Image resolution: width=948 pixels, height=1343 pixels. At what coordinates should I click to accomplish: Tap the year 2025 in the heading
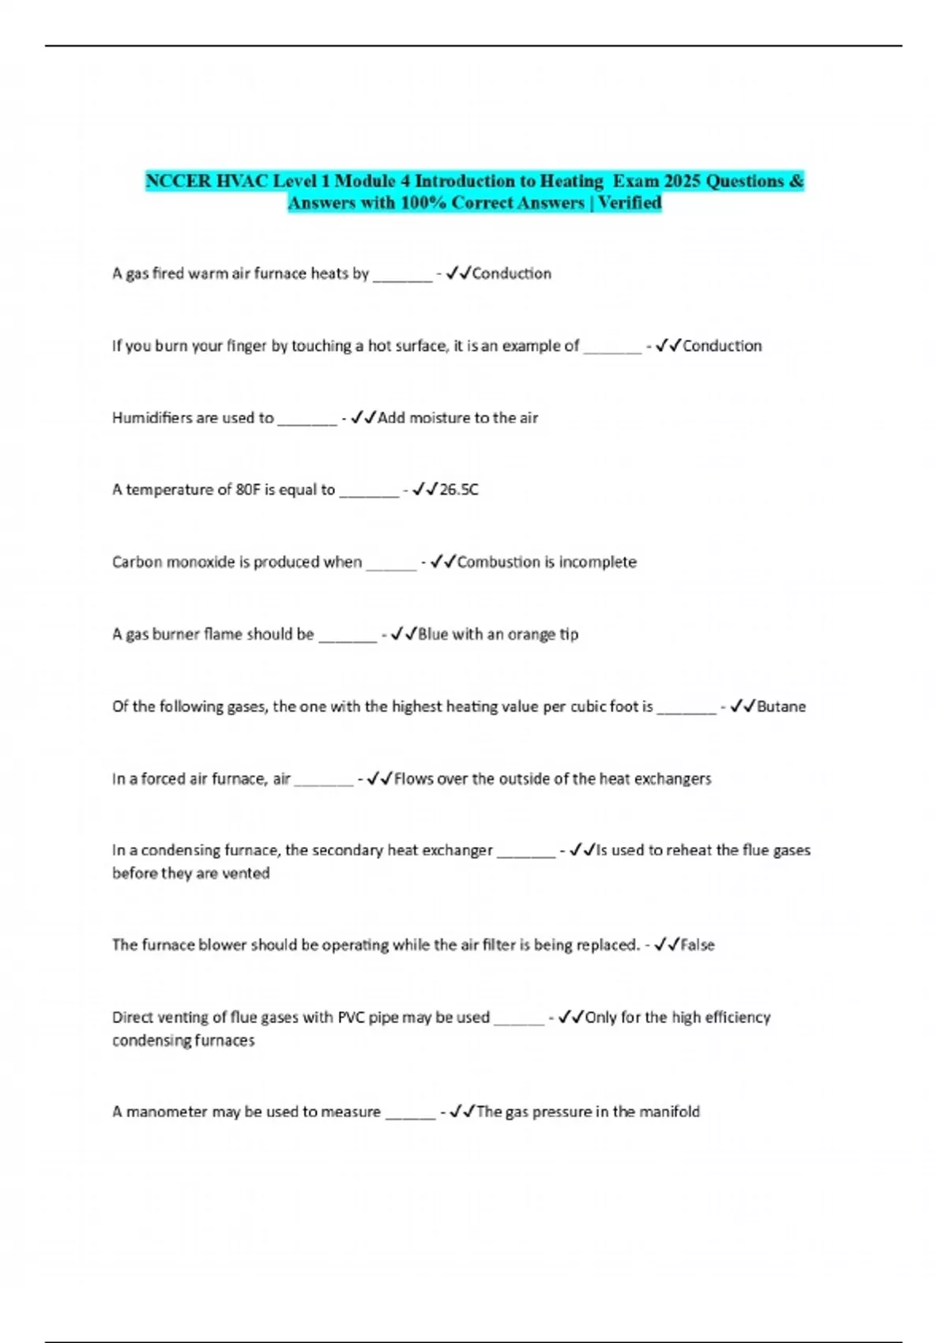(x=682, y=181)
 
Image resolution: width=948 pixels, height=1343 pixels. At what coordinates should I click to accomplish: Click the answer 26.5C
(x=458, y=490)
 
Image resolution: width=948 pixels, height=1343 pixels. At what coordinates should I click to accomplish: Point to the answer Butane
(x=781, y=706)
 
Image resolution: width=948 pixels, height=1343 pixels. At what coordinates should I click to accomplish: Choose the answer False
(x=697, y=945)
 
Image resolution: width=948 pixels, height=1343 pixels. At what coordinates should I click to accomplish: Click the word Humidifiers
(x=151, y=418)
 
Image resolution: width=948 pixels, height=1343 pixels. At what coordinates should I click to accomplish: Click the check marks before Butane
(x=743, y=706)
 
